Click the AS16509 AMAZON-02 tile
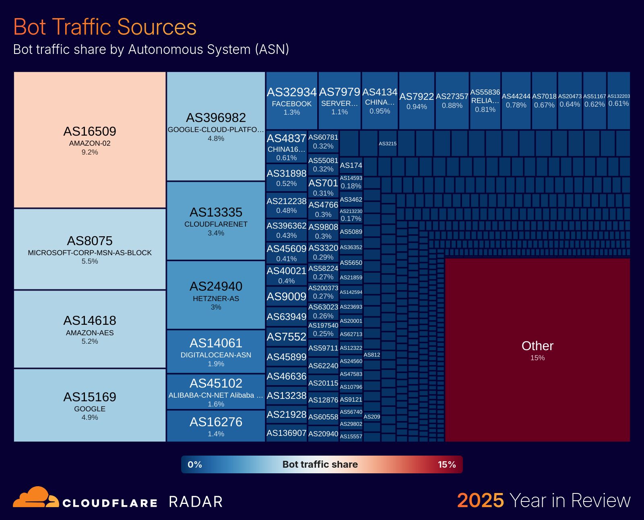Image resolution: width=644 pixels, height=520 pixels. click(x=90, y=140)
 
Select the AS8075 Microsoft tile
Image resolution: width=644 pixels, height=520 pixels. click(x=90, y=249)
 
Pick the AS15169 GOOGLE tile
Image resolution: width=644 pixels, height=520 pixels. click(x=90, y=405)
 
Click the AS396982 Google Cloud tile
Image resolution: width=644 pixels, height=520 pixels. click(x=216, y=126)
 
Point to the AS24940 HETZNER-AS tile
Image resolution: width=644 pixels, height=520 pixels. click(x=216, y=295)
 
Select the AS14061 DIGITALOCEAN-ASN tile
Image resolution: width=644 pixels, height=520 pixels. click(x=216, y=352)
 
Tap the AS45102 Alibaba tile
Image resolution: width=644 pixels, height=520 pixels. click(x=216, y=392)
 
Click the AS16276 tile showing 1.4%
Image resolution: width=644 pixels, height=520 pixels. click(x=216, y=426)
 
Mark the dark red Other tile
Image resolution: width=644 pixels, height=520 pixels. click(x=537, y=350)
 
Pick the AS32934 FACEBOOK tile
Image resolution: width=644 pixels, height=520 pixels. click(x=292, y=101)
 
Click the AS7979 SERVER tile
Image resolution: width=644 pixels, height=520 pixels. click(x=339, y=101)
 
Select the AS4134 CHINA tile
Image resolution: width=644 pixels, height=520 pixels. click(x=380, y=101)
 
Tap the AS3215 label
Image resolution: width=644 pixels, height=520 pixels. click(x=388, y=143)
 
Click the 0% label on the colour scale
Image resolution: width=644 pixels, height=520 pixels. click(x=195, y=464)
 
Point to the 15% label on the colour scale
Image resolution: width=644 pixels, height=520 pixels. click(x=447, y=464)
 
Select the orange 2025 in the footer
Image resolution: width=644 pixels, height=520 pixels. click(x=480, y=501)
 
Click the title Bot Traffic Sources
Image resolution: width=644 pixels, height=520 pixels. click(x=105, y=27)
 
